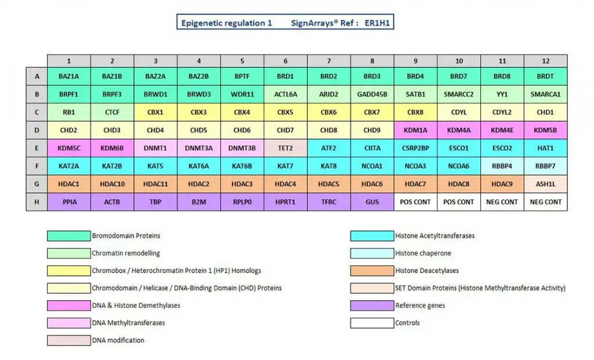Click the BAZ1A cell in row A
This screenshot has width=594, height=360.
(69, 76)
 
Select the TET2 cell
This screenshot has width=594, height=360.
(285, 148)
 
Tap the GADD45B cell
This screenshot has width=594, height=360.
(372, 94)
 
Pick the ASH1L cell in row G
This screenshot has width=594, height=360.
(545, 184)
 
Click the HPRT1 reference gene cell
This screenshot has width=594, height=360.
(285, 202)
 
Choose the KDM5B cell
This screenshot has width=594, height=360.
(545, 130)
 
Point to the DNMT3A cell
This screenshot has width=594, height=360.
(199, 148)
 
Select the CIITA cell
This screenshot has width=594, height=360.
(372, 148)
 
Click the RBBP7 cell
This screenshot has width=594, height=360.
(545, 166)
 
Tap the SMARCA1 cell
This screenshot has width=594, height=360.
(545, 94)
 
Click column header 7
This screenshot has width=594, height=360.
(329, 61)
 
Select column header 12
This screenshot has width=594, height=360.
(545, 61)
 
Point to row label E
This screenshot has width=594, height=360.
(37, 148)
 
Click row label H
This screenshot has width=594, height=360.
(37, 202)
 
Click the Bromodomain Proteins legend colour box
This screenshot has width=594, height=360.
(69, 236)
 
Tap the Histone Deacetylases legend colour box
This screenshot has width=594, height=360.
(372, 271)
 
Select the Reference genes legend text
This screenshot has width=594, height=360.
(420, 306)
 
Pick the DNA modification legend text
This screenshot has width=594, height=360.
(118, 340)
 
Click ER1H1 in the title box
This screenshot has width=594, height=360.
(379, 23)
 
